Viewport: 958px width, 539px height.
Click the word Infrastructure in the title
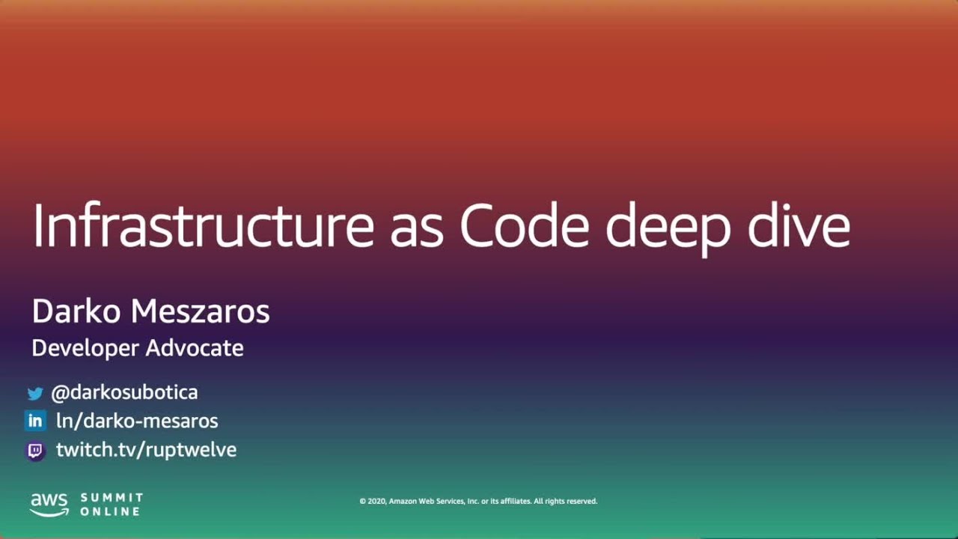point(202,225)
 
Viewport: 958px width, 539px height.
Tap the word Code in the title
point(524,225)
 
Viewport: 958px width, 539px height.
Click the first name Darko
point(77,311)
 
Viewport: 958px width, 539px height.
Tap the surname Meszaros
point(200,311)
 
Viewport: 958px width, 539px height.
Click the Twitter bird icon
point(35,393)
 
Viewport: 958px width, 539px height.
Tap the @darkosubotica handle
point(124,392)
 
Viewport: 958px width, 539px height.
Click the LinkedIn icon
point(35,421)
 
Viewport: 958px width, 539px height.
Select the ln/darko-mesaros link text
point(137,421)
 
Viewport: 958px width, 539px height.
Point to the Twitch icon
point(35,451)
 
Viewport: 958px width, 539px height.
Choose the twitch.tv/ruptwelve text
point(146,450)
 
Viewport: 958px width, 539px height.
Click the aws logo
point(49,505)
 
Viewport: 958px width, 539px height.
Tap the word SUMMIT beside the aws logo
point(112,498)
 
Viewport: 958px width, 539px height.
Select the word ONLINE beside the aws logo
point(110,511)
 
